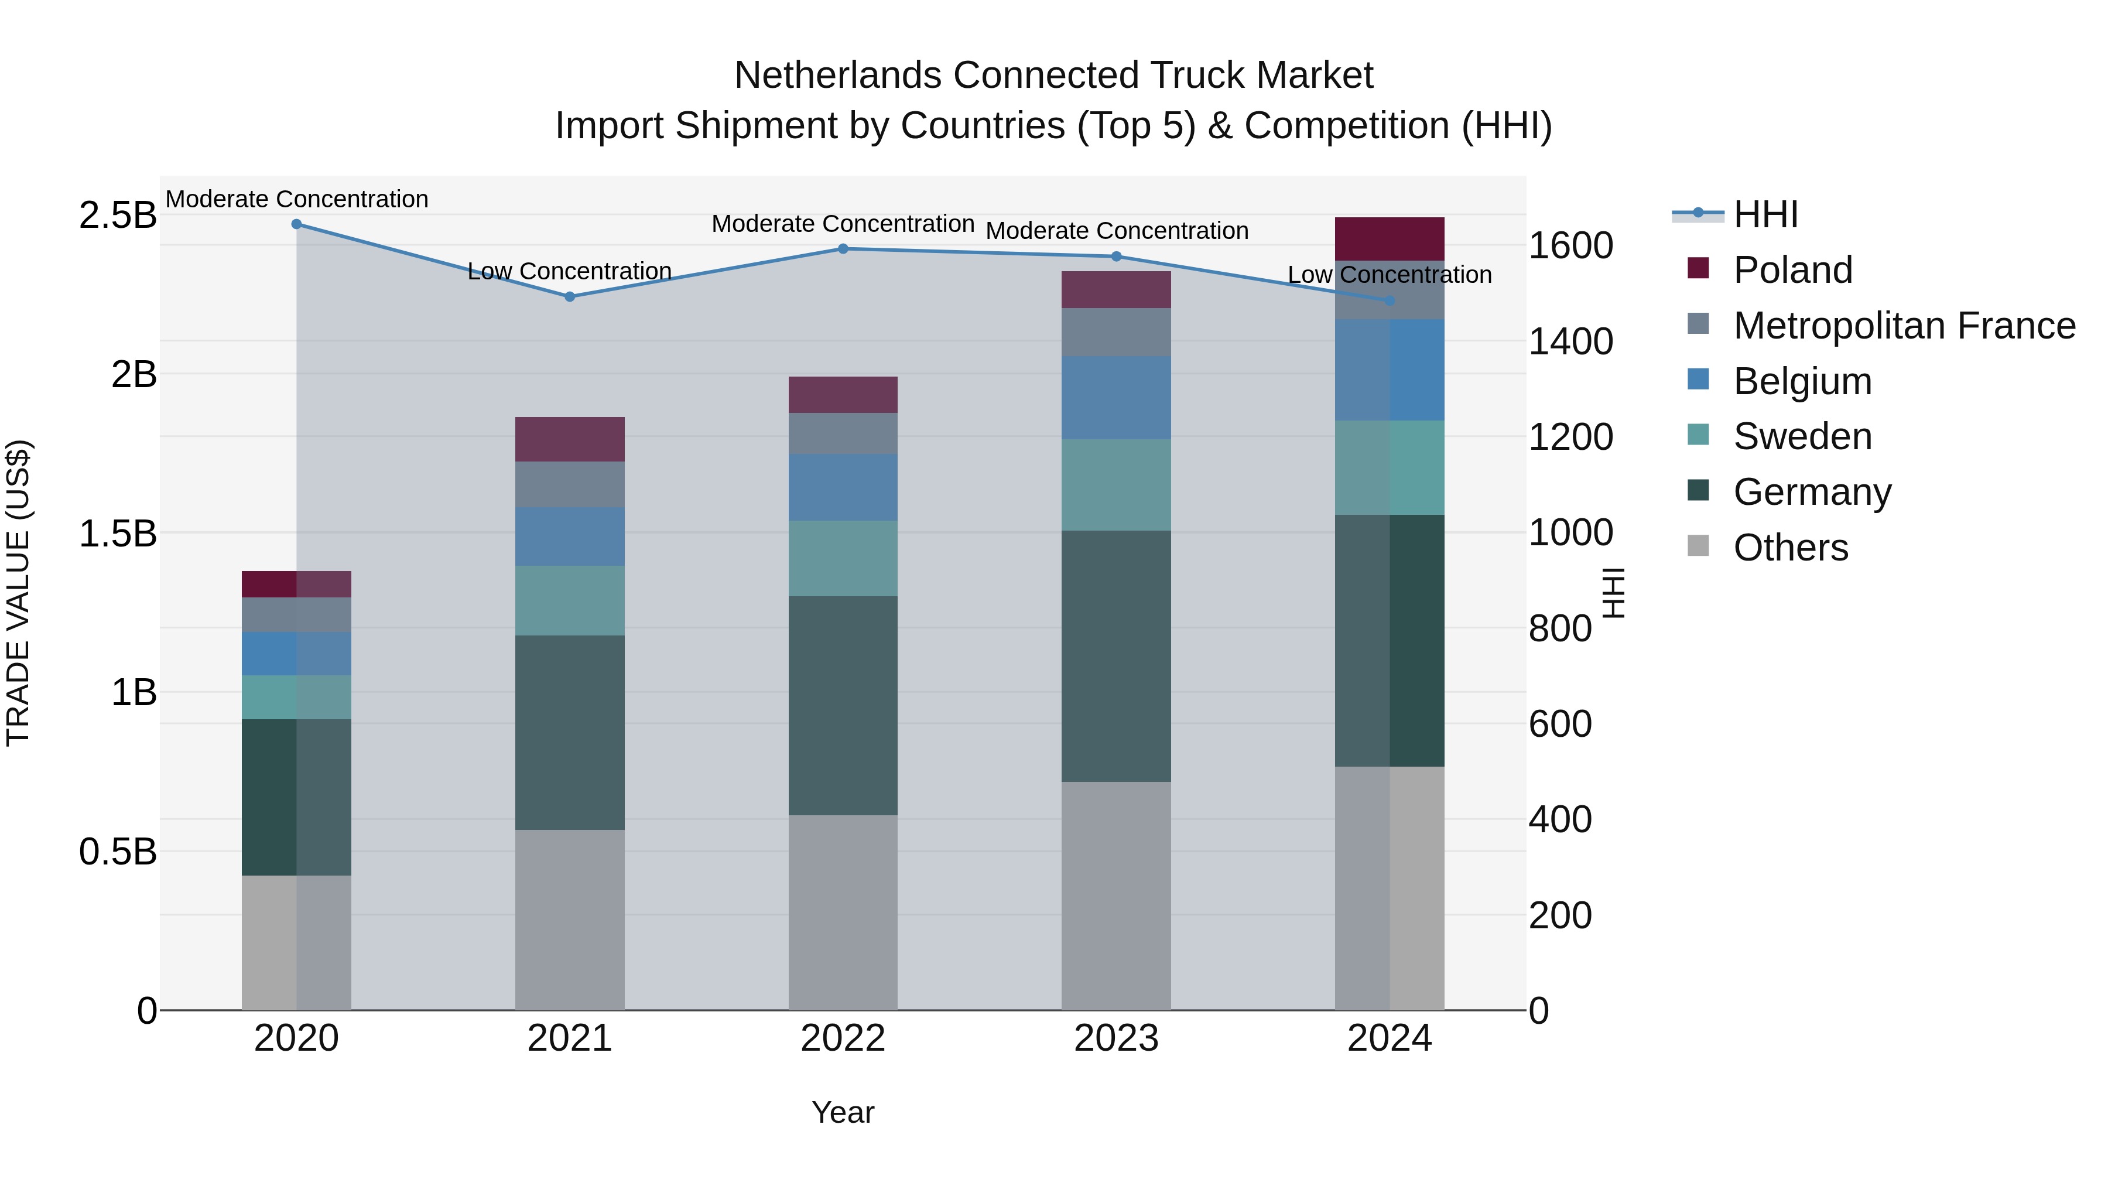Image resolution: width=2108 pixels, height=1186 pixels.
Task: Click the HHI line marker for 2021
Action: [570, 296]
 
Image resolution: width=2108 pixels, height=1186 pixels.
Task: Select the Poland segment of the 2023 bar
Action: [1116, 290]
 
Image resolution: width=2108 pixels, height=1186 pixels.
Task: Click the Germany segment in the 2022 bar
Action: [843, 706]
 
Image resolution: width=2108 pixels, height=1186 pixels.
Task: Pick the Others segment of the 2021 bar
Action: [570, 920]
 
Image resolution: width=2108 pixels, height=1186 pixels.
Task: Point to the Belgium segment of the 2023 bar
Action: [1116, 398]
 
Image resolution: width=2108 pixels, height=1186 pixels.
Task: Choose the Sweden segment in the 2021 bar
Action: [570, 601]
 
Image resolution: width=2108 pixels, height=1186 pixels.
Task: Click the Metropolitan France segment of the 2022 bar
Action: [843, 434]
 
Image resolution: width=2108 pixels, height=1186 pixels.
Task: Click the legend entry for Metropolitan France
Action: [1904, 326]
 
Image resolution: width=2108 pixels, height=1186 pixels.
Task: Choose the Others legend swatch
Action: [1698, 547]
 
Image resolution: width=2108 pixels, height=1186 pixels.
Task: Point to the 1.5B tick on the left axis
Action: [117, 534]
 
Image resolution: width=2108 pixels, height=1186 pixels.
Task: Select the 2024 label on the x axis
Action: [1389, 1038]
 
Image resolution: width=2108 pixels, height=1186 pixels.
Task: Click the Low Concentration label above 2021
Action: [570, 271]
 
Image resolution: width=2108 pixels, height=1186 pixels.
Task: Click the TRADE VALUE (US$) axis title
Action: [18, 593]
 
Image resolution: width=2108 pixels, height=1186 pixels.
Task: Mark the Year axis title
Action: [843, 1112]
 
